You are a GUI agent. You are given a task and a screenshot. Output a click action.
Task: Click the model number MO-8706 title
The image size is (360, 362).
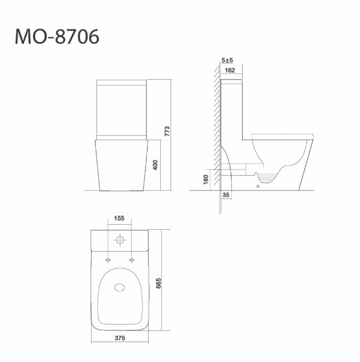[x=57, y=36]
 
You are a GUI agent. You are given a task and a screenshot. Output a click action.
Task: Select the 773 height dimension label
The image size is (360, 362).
[x=167, y=131]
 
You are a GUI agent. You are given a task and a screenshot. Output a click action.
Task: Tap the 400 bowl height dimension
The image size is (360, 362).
[x=155, y=165]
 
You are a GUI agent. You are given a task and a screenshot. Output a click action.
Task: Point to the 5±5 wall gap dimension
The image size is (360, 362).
[x=227, y=60]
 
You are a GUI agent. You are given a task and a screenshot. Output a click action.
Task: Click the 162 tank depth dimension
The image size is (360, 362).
[x=230, y=70]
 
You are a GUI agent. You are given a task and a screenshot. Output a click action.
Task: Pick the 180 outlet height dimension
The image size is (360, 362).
[x=206, y=180]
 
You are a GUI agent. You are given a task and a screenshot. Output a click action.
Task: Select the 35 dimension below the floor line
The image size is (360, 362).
[x=226, y=195]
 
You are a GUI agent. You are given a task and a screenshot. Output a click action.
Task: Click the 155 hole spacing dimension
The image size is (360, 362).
[x=119, y=218]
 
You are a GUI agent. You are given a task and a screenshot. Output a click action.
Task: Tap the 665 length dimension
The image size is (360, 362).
[x=158, y=283]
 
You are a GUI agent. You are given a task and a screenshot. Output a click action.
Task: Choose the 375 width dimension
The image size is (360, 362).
[x=120, y=338]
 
